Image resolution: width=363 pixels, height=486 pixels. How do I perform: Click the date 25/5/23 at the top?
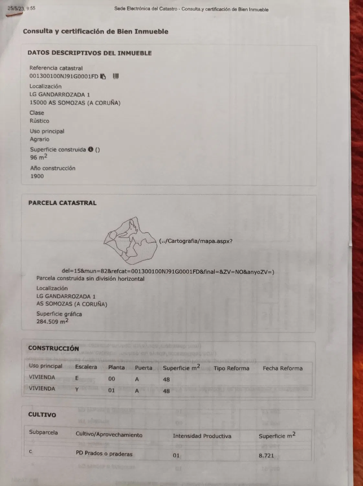tap(16, 9)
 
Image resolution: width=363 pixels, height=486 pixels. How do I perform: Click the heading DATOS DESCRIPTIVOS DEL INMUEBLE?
tap(89, 53)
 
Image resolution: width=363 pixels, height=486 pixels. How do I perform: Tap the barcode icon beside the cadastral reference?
tap(116, 76)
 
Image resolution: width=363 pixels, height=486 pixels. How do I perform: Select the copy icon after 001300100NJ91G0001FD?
tap(103, 76)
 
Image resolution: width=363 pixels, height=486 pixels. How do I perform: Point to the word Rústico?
tap(39, 121)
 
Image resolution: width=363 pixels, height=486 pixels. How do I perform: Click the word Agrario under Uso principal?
tap(40, 139)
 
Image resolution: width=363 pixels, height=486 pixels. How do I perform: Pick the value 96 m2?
tap(38, 157)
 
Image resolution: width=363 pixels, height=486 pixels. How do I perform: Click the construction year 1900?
tap(37, 176)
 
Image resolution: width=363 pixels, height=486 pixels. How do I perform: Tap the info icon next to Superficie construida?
tap(91, 149)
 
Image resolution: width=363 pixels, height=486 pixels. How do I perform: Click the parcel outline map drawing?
tap(129, 241)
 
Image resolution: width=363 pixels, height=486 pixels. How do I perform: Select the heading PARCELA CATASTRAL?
tap(62, 203)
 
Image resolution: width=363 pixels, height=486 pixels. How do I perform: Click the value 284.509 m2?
tap(52, 321)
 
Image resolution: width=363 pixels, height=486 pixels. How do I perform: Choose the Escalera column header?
tap(86, 367)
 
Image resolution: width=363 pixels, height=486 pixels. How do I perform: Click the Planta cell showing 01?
tap(112, 390)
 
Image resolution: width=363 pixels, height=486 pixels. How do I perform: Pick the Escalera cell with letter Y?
tap(77, 389)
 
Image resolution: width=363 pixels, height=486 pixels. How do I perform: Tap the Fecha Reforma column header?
tap(282, 368)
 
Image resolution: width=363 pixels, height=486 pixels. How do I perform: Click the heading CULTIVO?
tap(42, 415)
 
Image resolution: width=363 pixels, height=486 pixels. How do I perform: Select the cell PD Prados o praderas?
tap(104, 454)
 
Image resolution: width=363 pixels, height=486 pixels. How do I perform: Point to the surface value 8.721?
tap(266, 456)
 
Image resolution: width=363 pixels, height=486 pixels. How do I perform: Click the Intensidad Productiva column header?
tap(202, 436)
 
